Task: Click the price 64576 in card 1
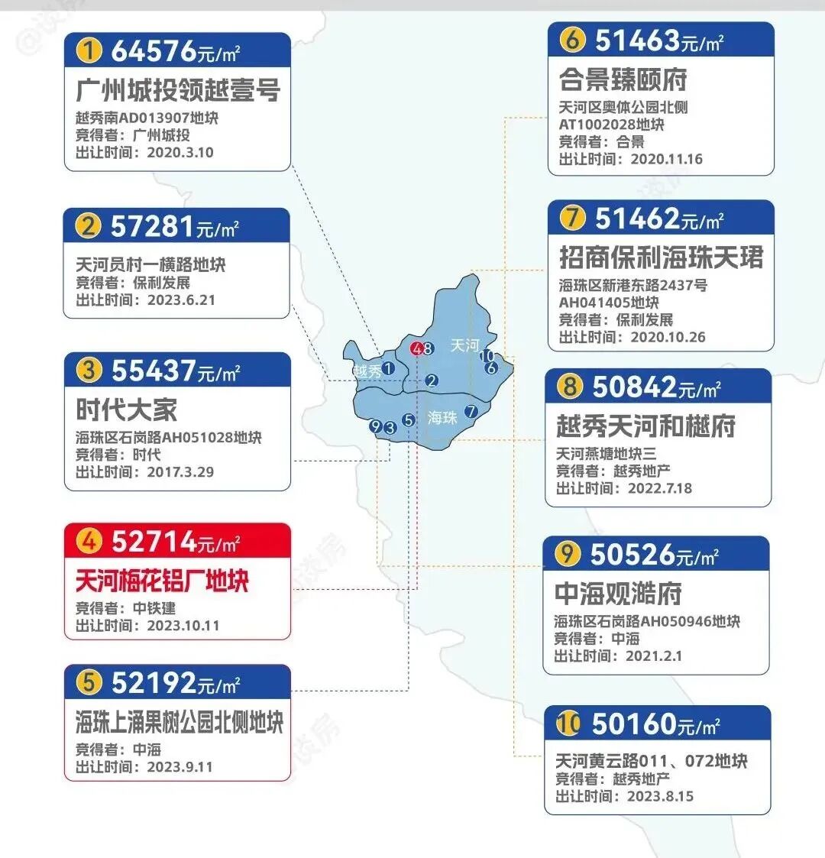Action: point(154,51)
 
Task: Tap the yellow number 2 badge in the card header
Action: point(89,226)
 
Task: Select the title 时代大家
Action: point(126,410)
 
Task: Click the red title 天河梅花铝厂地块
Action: point(162,581)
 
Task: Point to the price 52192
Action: point(153,682)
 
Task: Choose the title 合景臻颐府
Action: point(623,79)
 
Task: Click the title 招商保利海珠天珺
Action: point(661,257)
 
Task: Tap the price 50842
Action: point(634,387)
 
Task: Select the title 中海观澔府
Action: point(618,593)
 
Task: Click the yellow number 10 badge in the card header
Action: point(568,724)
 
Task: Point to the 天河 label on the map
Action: point(464,345)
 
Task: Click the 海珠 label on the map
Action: point(442,417)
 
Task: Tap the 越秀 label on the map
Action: point(367,371)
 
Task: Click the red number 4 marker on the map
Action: point(416,348)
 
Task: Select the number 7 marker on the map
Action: point(471,412)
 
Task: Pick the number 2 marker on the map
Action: point(432,380)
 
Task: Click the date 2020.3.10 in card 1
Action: point(180,152)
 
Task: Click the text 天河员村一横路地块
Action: point(150,265)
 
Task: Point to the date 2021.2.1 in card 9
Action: point(654,656)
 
